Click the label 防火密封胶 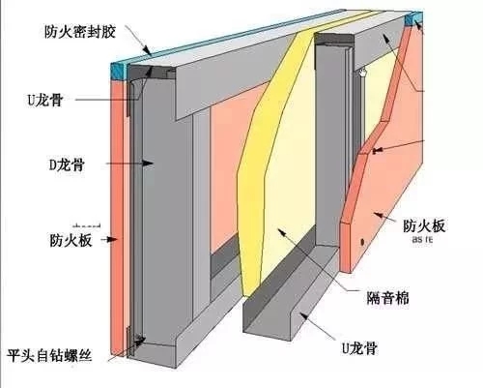tap(76, 31)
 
